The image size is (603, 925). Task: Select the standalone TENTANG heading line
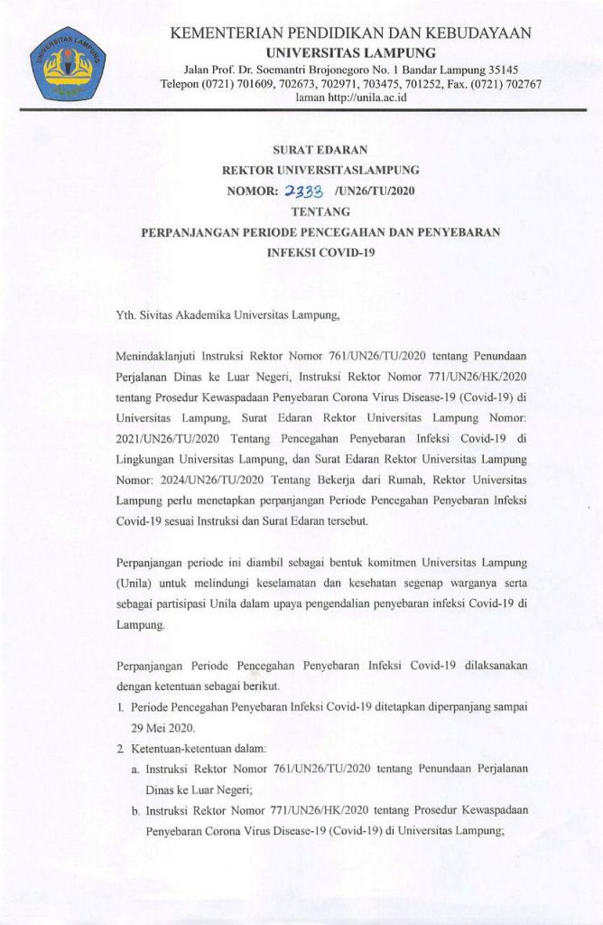click(320, 211)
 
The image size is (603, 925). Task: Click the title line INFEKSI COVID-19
click(320, 253)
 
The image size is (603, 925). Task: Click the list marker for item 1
click(121, 708)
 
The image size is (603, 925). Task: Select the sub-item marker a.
click(135, 769)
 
